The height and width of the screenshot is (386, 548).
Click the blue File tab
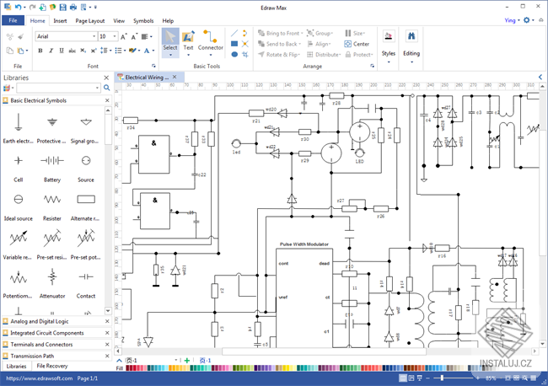13,20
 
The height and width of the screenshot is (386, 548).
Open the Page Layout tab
90,20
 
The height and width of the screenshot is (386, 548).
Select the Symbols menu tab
143,20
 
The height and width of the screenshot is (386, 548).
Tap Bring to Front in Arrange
278,33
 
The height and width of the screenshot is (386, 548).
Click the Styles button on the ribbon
388,43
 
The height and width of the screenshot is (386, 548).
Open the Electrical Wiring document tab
145,77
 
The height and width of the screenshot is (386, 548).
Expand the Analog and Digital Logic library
51,321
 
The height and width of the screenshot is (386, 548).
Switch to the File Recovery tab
52,367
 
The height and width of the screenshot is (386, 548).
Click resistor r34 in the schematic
131,121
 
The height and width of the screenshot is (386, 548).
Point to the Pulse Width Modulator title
304,244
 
